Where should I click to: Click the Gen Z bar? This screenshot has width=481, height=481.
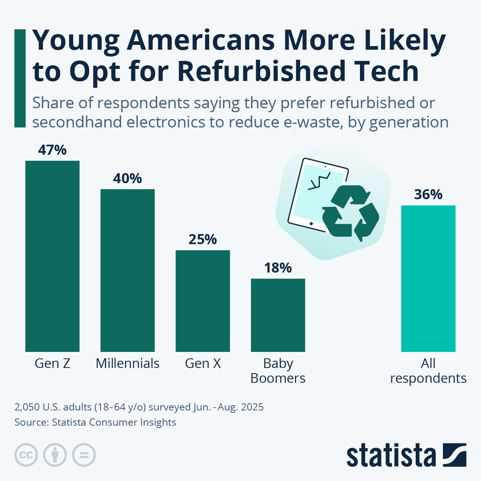(52, 257)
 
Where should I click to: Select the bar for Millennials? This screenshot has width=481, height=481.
(127, 271)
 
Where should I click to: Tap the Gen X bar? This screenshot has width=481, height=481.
(202, 301)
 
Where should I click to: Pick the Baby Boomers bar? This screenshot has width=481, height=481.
(278, 315)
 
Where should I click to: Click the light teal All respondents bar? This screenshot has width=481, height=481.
(428, 279)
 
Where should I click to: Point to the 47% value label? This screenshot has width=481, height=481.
(52, 150)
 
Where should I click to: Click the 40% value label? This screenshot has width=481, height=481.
(127, 178)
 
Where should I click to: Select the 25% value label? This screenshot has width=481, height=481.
(202, 239)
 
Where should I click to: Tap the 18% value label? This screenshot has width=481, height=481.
(278, 268)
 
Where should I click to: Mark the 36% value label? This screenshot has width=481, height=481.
(428, 195)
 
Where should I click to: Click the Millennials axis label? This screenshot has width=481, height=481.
(127, 364)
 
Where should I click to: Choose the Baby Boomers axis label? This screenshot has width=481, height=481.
(278, 371)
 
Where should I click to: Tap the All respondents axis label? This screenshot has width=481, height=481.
(428, 371)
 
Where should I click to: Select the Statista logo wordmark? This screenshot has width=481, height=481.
(391, 455)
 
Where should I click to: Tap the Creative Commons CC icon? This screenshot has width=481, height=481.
(26, 455)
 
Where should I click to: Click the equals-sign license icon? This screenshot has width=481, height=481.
(84, 455)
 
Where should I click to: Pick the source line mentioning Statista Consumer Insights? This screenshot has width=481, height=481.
(95, 422)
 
